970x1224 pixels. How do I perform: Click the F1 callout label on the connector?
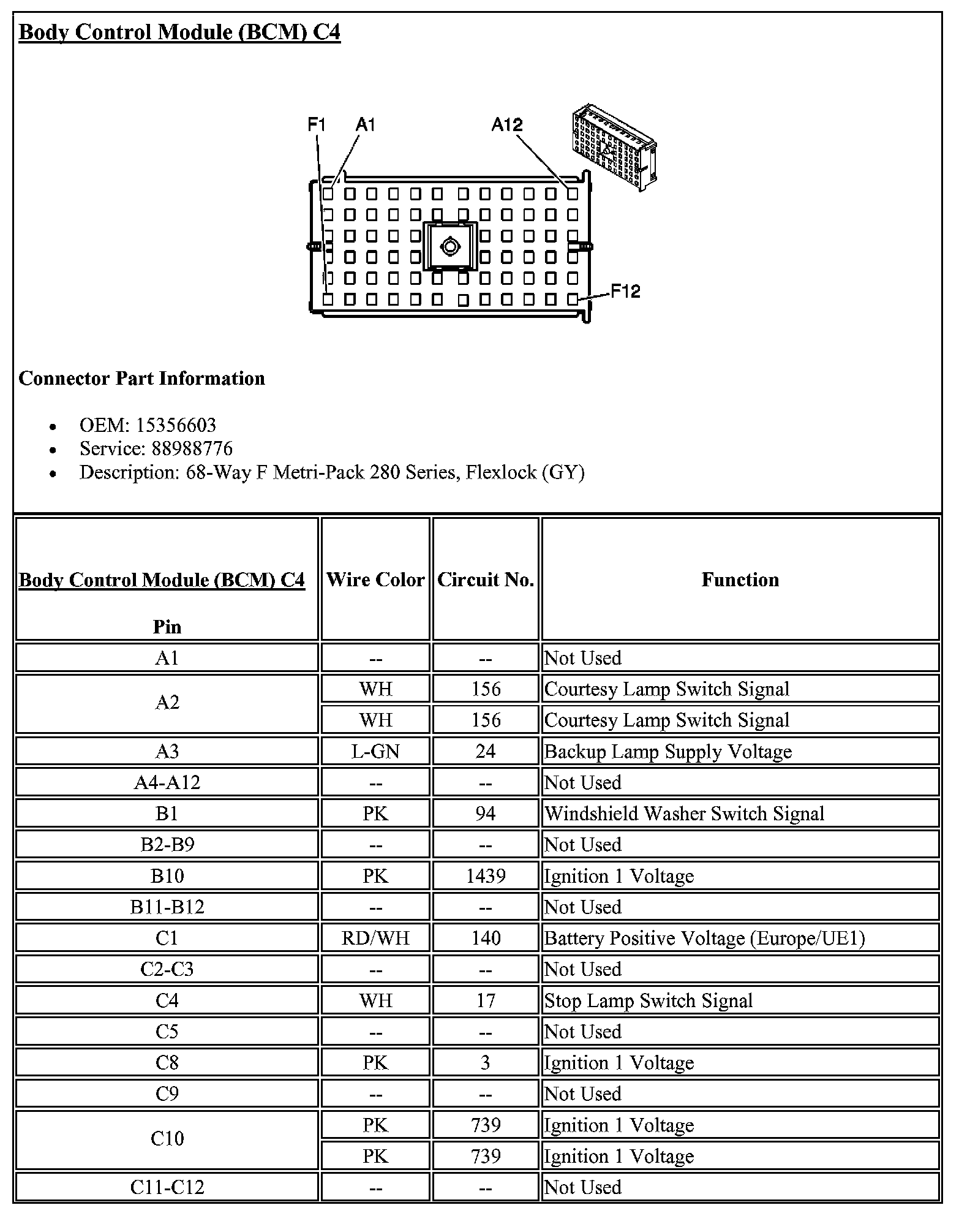pos(316,125)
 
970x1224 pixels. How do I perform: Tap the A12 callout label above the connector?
pos(506,125)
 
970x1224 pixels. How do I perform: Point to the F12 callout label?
pos(625,291)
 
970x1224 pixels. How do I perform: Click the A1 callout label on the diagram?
pos(365,125)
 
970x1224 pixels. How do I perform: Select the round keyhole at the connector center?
pos(449,247)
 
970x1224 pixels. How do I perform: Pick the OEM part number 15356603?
pos(176,425)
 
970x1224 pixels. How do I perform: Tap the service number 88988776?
pos(192,448)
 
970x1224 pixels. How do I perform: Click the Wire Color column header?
pos(375,580)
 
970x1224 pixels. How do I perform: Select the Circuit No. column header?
pos(486,580)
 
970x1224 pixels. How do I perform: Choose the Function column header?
pos(740,580)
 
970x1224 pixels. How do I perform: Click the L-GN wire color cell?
pos(375,751)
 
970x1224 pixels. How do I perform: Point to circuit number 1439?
pos(486,875)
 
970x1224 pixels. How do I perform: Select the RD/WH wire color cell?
pos(375,938)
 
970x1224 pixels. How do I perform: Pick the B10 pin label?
pos(167,875)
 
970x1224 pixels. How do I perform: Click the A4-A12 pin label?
pos(167,782)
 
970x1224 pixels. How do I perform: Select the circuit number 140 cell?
pos(486,938)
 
